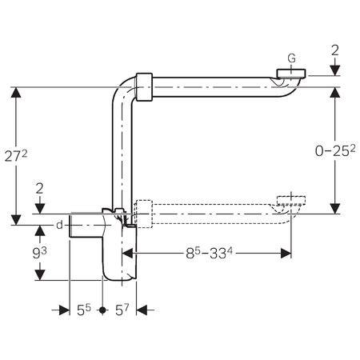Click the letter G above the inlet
pos(292,58)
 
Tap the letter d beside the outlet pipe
pos(59,226)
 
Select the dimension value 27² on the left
pos(16,157)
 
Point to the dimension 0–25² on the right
pos(335,151)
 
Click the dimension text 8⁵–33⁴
pos(209,254)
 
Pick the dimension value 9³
pos(39,253)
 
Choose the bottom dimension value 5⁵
pos(84,310)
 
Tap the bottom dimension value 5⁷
pos(122,310)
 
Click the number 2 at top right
pos(335,50)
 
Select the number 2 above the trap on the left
pos(39,189)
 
